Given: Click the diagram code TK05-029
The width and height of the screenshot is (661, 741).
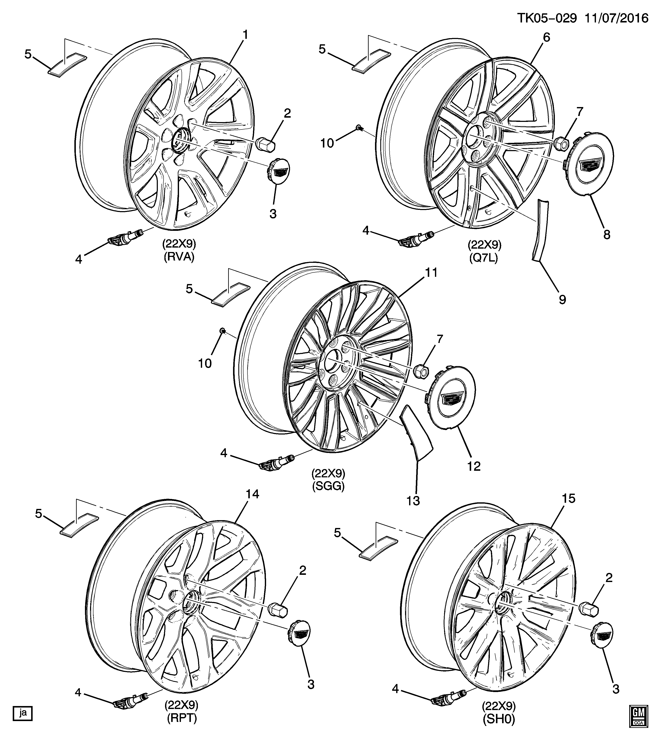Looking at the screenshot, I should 547,18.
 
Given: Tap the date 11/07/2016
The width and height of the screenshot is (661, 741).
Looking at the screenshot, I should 616,18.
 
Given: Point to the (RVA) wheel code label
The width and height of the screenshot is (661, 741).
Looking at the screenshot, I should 179,257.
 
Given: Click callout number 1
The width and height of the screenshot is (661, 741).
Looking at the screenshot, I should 246,35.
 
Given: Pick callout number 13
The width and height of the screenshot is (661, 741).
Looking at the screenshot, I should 413,501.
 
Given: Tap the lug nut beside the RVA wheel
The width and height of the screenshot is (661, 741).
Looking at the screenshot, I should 265,145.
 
